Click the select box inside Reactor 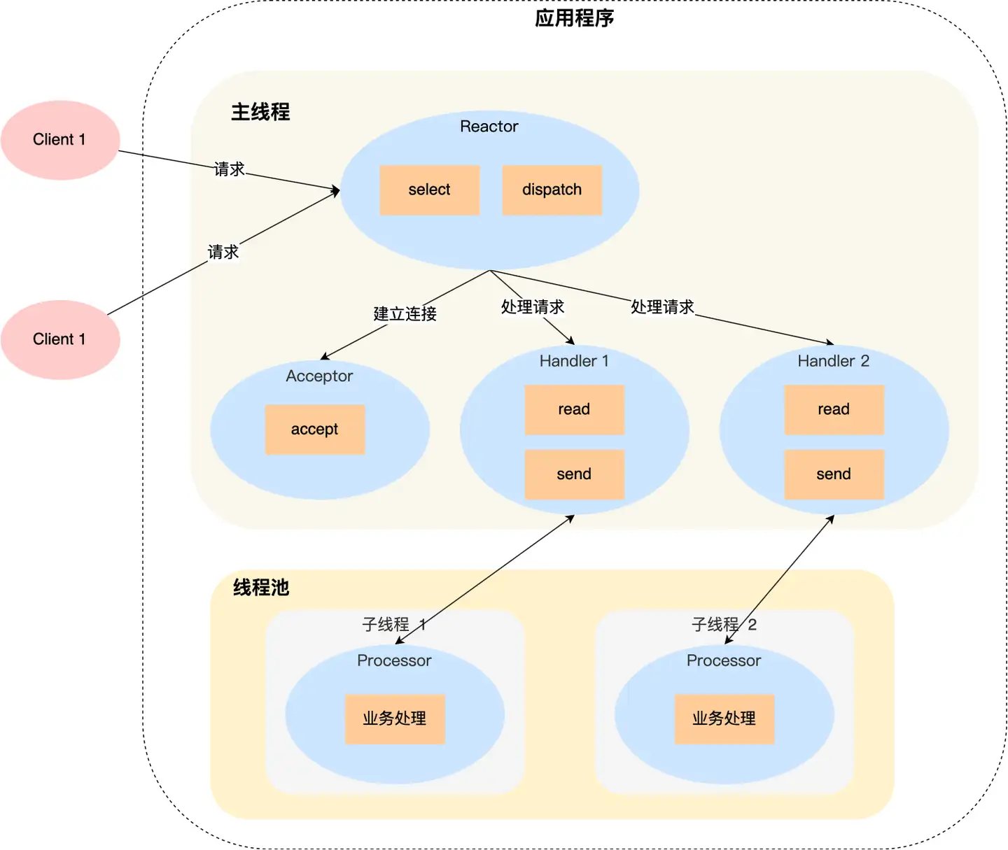point(429,190)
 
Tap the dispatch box point(552,190)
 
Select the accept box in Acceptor point(315,430)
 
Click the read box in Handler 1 point(575,409)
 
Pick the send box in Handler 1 point(575,474)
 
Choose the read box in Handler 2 point(834,409)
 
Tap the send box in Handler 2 point(834,474)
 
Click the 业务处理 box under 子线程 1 point(395,718)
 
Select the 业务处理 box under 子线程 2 point(724,718)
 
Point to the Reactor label point(489,127)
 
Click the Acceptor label point(319,376)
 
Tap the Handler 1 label point(574,361)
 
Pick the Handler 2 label point(833,361)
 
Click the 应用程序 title point(574,18)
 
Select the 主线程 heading point(260,112)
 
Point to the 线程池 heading point(261,588)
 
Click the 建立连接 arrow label point(405,313)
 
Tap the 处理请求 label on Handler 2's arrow point(662,307)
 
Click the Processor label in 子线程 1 point(394,660)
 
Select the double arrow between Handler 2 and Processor point(779,579)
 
